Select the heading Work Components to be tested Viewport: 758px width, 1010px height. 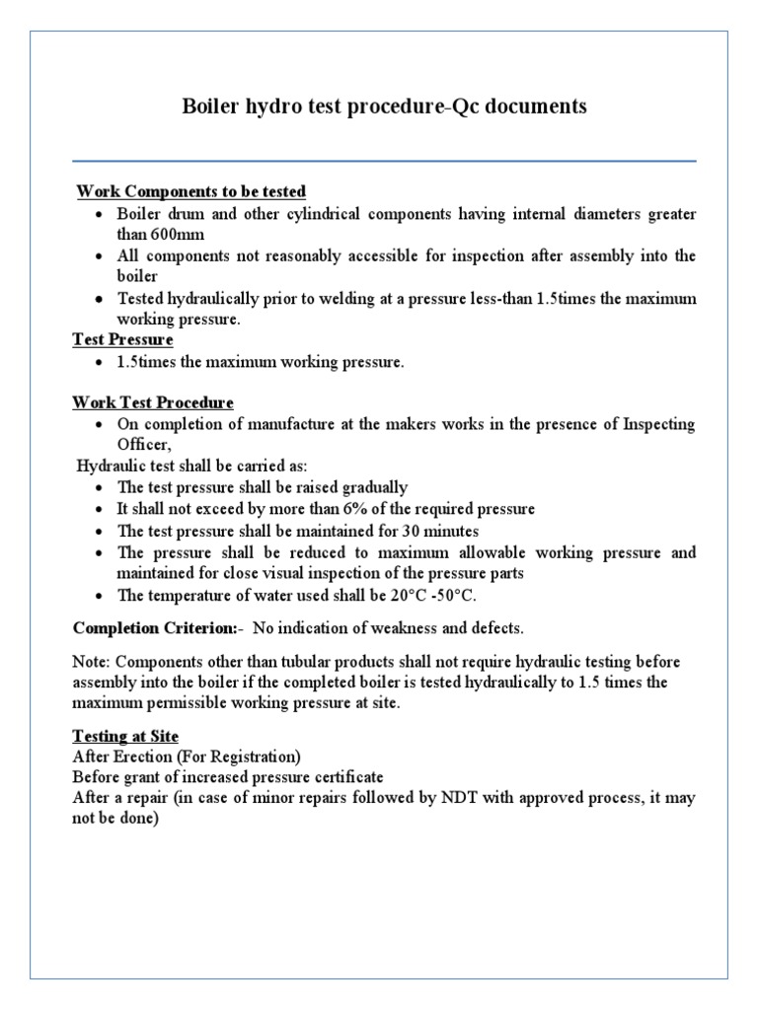point(191,190)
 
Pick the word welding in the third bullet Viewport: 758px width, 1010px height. point(397,299)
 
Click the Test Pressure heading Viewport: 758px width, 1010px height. point(123,340)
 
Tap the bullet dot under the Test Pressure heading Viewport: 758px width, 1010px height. point(102,363)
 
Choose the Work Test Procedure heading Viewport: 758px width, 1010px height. point(153,402)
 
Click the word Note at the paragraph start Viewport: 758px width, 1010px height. point(91,661)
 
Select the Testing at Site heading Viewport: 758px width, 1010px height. point(126,736)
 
